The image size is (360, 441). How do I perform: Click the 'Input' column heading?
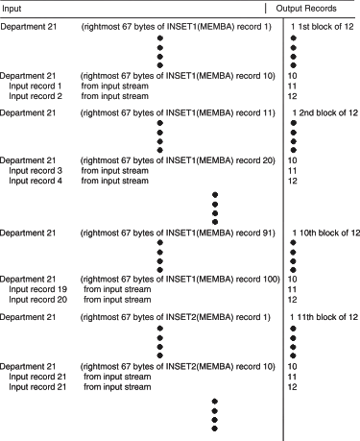[12, 8]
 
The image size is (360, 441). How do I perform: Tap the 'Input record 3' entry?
[35, 170]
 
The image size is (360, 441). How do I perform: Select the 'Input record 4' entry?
[35, 181]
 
